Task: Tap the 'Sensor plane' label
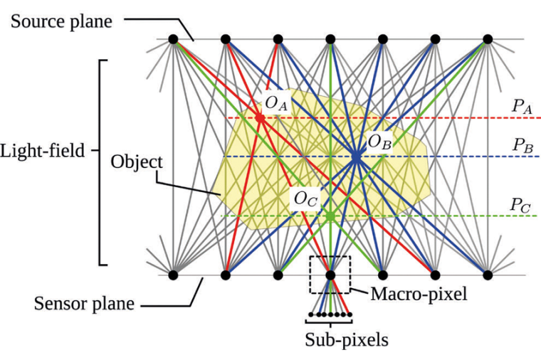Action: pos(85,305)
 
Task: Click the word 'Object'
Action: pos(137,162)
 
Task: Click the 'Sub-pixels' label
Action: pos(347,339)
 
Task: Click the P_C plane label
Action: pos(521,204)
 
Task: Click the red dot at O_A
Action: pos(261,117)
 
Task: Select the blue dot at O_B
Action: pos(355,156)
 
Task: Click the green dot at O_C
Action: pos(330,215)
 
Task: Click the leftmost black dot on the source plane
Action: pos(173,39)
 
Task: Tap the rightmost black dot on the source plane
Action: pos(488,39)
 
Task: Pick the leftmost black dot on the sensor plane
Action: pos(173,274)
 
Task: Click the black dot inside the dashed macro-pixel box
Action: pos(330,274)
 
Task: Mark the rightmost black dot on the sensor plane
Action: pos(488,274)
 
